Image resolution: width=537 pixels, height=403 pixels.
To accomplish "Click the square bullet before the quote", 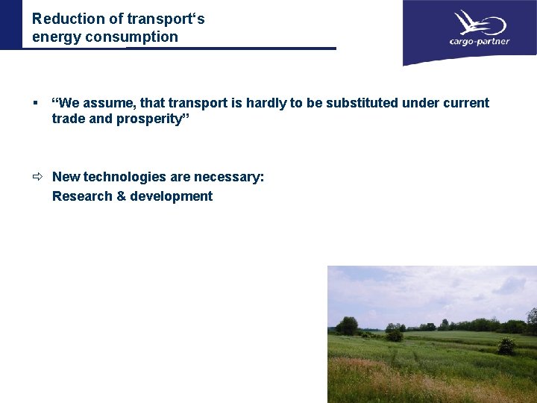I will (x=35, y=103).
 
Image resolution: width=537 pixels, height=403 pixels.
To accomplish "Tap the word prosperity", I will (x=153, y=119).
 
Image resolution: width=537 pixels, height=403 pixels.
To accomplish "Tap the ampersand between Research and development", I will (x=122, y=196).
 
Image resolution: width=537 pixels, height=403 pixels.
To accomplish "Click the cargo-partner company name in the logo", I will (x=479, y=42).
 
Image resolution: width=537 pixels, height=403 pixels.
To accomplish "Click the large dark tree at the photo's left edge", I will (x=346, y=325).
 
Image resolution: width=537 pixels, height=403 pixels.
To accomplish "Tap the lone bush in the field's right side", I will (x=506, y=346).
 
